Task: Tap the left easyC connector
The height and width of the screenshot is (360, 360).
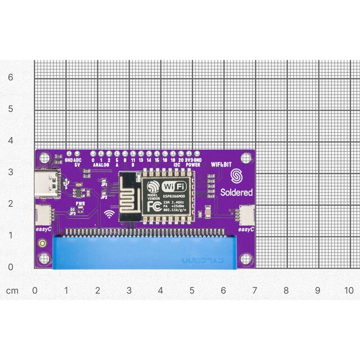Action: [42, 214]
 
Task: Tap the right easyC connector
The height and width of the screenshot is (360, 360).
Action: [246, 214]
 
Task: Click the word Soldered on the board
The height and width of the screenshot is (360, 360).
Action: [237, 192]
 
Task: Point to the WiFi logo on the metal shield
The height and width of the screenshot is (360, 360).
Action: [174, 186]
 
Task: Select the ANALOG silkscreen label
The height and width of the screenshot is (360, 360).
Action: [101, 165]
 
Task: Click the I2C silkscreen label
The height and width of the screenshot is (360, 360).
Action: [177, 165]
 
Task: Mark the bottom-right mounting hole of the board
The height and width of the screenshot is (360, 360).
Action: [246, 259]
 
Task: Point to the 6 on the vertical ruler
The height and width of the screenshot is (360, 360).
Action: [10, 77]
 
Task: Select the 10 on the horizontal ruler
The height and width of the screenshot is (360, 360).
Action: [349, 291]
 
